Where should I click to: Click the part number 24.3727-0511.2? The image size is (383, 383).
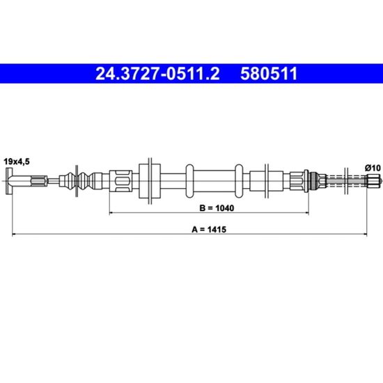157,74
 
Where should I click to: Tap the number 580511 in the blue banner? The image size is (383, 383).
269,74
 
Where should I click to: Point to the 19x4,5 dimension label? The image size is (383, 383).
17,162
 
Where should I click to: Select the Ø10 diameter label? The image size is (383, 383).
373,168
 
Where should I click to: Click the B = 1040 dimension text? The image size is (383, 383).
217,208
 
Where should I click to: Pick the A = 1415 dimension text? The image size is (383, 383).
209,229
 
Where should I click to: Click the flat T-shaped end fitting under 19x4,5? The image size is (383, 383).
9,181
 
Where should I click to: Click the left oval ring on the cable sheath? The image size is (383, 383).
189,181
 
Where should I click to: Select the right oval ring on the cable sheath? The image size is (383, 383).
239,181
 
